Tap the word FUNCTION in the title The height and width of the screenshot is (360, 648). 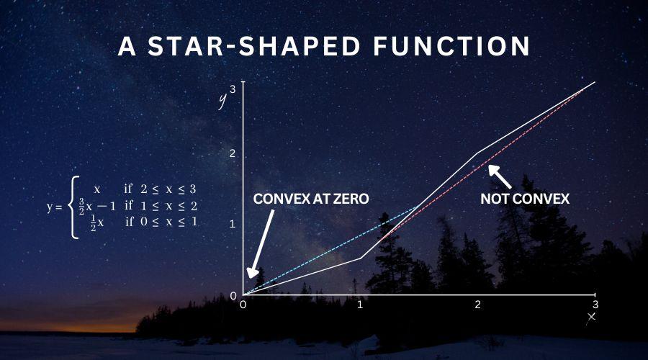point(451,46)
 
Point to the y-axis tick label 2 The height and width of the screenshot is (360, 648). point(233,153)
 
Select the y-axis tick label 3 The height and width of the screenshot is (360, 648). point(233,89)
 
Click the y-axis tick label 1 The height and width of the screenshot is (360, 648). point(233,224)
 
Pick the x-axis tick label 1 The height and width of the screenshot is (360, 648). point(360,305)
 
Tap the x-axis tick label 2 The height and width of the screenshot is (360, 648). point(478,305)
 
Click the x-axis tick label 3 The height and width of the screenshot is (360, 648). point(595,305)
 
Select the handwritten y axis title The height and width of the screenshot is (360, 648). point(222,101)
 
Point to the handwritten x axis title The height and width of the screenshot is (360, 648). point(592,317)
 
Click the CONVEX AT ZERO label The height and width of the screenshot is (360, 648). point(311,199)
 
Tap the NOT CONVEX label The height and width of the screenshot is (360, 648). point(525,199)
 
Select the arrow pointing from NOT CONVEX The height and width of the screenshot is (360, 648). point(500,176)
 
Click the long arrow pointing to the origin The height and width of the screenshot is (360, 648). point(261,244)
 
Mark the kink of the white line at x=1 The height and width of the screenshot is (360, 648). point(361,258)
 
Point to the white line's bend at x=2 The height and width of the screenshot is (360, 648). point(478,153)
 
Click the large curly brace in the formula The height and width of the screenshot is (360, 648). point(73,207)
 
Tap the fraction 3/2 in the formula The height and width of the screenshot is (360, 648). point(81,206)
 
